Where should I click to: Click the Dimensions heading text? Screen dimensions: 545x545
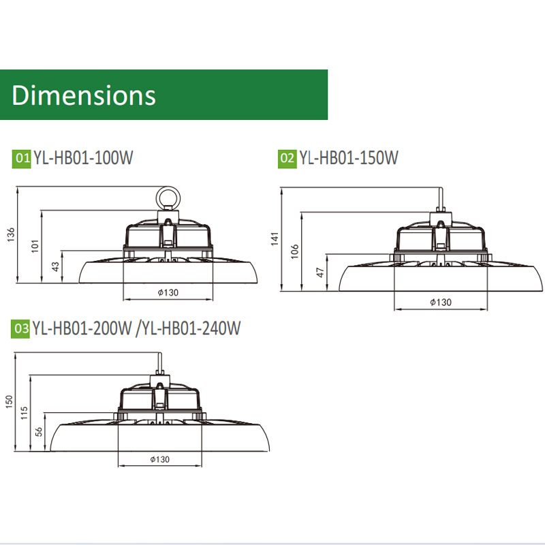point(84,95)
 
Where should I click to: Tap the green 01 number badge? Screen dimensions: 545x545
point(22,159)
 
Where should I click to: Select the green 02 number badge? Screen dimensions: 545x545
point(287,159)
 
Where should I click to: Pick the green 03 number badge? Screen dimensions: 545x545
point(20,329)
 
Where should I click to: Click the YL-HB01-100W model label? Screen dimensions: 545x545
point(83,158)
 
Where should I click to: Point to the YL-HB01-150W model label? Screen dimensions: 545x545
point(349,158)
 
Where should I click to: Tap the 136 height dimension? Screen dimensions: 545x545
point(11,234)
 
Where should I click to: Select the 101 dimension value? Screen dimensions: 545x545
point(35,246)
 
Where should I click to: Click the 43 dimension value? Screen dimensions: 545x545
point(56,266)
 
